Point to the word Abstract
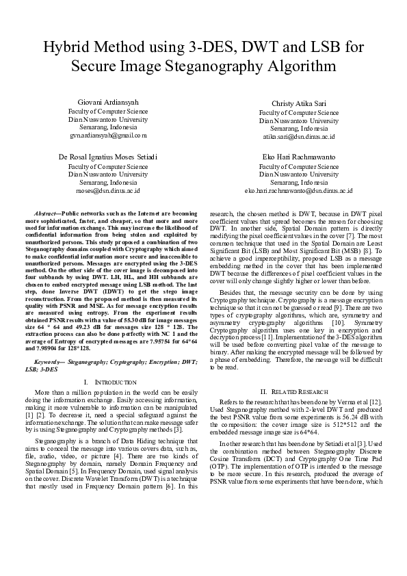pos(45,215)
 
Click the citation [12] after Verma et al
pos(379,402)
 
